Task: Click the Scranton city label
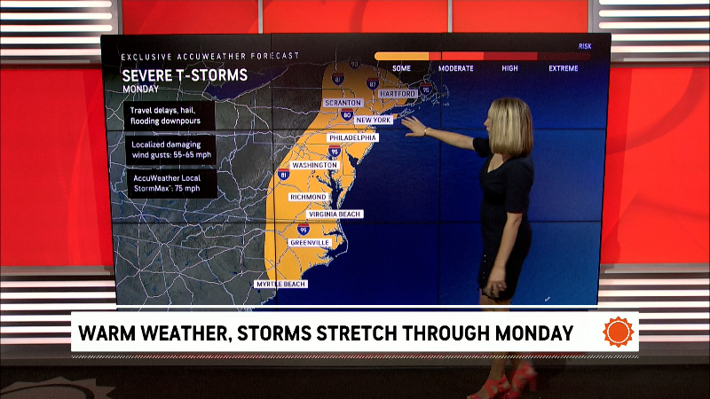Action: (x=343, y=103)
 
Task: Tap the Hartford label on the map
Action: (x=398, y=93)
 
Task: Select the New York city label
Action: (x=374, y=120)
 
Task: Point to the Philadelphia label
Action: (x=352, y=138)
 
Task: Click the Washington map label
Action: (x=314, y=165)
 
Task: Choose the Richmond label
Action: (x=308, y=196)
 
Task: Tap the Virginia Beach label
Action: (x=334, y=215)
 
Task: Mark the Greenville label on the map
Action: (x=310, y=242)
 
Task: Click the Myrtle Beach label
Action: (x=281, y=284)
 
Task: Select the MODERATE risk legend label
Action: (x=455, y=67)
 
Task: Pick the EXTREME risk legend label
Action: (x=563, y=67)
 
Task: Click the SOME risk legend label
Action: (x=401, y=67)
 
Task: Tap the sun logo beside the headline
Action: (x=619, y=332)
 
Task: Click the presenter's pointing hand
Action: (x=414, y=126)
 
